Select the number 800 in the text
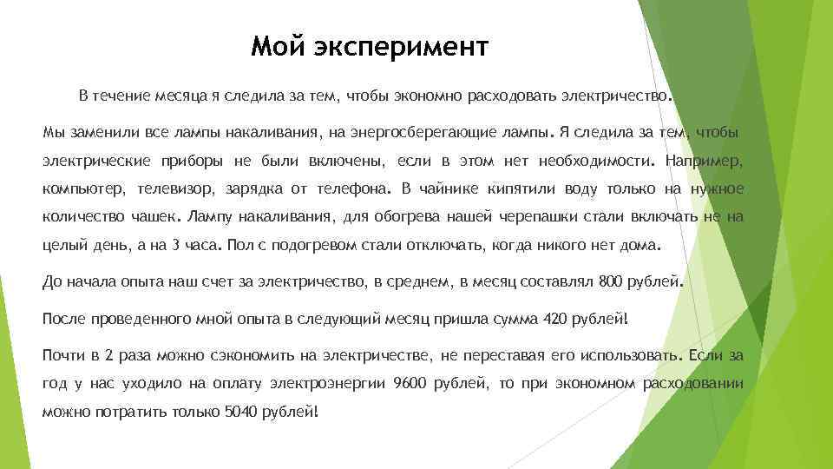click(610, 281)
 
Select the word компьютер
click(84, 188)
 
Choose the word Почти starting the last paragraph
click(63, 355)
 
